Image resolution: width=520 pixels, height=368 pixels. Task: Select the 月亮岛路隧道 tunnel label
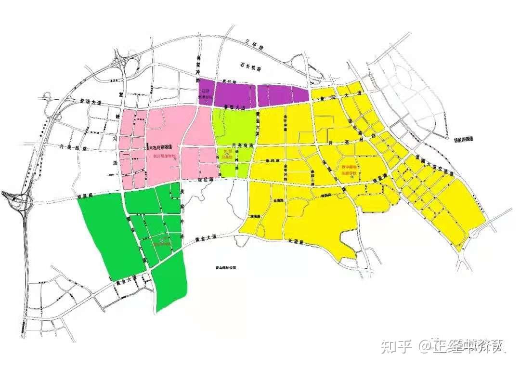[x=165, y=147]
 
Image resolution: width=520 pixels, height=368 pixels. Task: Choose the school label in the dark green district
[x=162, y=241]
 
